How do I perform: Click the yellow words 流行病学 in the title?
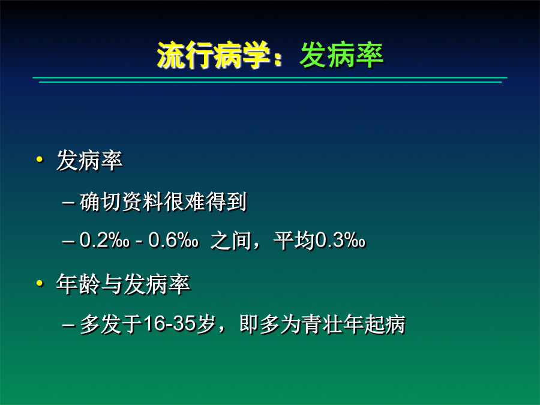point(213,55)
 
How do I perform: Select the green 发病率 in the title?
point(341,55)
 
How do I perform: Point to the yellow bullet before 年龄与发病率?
point(40,283)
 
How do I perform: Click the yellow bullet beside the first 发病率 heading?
point(40,159)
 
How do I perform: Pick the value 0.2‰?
point(104,239)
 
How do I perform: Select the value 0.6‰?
point(173,239)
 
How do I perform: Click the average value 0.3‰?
point(340,239)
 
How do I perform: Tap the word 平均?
point(295,240)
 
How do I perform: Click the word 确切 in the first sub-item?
point(100,202)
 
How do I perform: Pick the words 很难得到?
point(205,202)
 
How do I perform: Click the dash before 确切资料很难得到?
point(68,203)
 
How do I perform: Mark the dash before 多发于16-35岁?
point(68,325)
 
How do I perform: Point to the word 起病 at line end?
point(385,324)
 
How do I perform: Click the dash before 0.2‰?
point(68,241)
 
